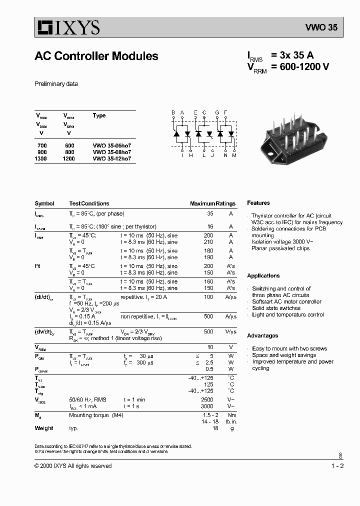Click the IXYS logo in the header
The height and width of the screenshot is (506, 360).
pyautogui.click(x=67, y=27)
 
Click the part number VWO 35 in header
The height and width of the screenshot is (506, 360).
pyautogui.click(x=321, y=28)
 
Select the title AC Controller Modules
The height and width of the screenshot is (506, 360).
pyautogui.click(x=96, y=56)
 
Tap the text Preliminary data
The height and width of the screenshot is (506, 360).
pyautogui.click(x=56, y=84)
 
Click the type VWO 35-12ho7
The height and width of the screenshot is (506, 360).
pyautogui.click(x=112, y=158)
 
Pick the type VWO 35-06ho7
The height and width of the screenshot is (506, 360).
pyautogui.click(x=112, y=145)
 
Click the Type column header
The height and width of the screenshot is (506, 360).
pyautogui.click(x=99, y=115)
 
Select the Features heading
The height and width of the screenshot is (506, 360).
pyautogui.click(x=258, y=203)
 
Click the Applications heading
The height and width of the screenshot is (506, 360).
pyautogui.click(x=263, y=276)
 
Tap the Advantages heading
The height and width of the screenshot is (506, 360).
pyautogui.click(x=262, y=335)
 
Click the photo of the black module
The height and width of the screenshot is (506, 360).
pyautogui.click(x=296, y=135)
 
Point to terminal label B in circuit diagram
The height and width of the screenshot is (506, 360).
pyautogui.click(x=173, y=113)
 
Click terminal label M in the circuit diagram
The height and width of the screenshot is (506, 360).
pyautogui.click(x=234, y=155)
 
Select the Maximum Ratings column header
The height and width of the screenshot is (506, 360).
pyautogui.click(x=212, y=203)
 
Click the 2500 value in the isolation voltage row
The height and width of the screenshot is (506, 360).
pyautogui.click(x=207, y=400)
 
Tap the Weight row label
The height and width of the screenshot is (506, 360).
pyautogui.click(x=43, y=428)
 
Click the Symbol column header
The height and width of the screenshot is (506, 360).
pyautogui.click(x=44, y=203)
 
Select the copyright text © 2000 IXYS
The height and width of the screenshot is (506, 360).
pyautogui.click(x=73, y=466)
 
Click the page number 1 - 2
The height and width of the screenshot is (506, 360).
pyautogui.click(x=337, y=466)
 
